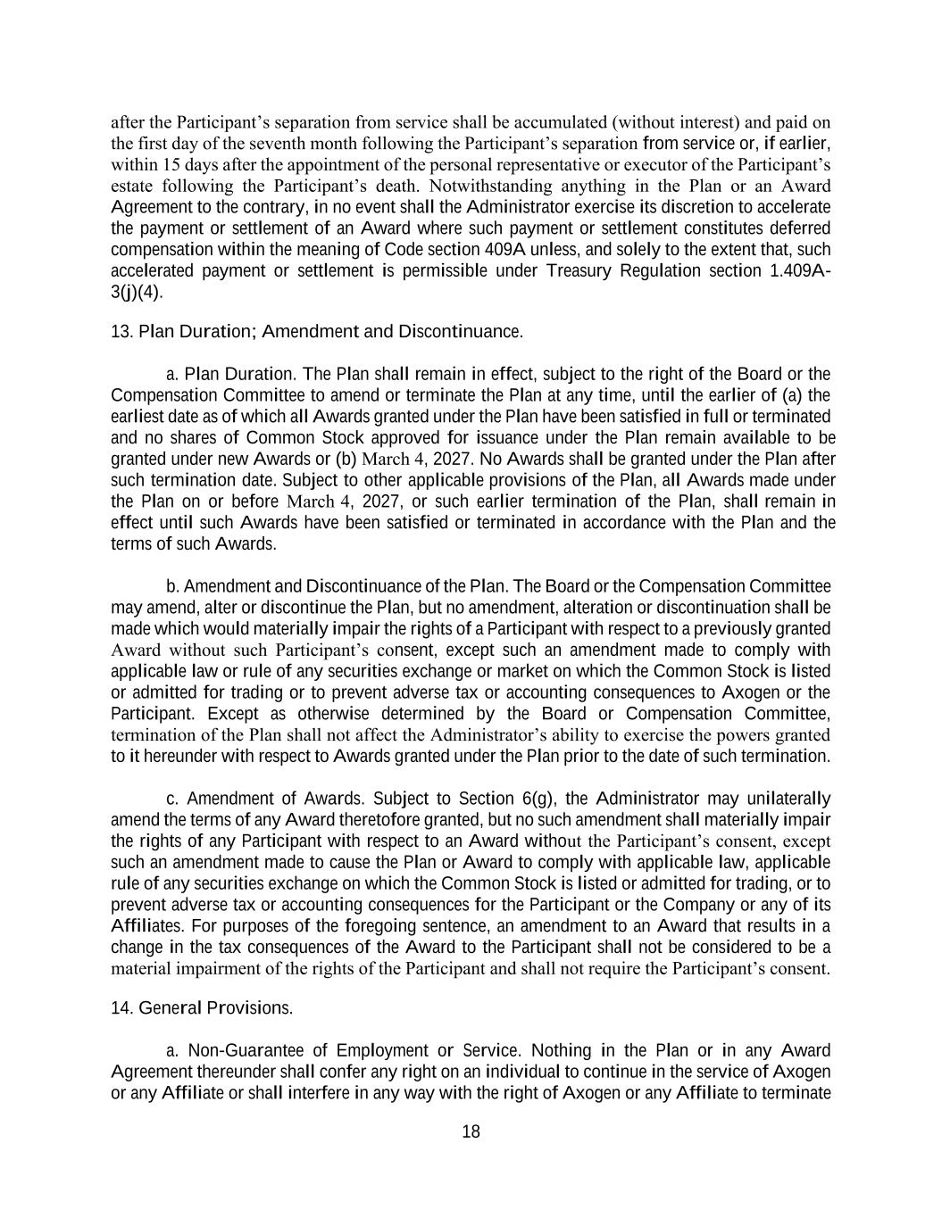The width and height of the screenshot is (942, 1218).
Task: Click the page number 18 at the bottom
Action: point(471,1132)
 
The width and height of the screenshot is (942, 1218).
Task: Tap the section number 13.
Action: point(121,332)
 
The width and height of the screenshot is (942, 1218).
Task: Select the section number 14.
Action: point(121,1008)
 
